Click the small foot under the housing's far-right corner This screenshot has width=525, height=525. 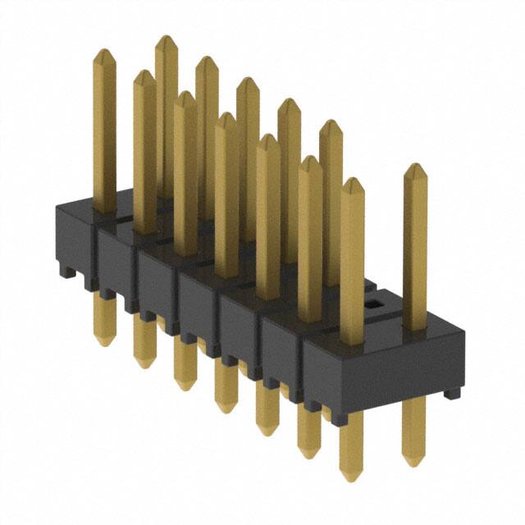click(x=451, y=395)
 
